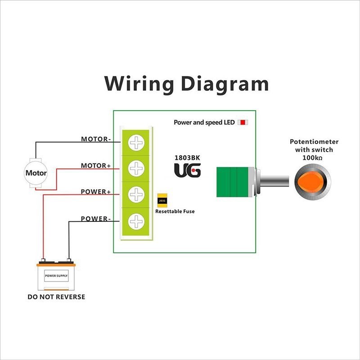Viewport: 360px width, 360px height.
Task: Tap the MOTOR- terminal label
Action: [95, 139]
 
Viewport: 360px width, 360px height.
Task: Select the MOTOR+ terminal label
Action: [95, 166]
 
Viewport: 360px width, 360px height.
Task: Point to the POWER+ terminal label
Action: [95, 192]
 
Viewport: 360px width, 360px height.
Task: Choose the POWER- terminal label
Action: [95, 219]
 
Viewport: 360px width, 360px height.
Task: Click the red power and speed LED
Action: [243, 122]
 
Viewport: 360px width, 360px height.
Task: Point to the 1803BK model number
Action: [187, 158]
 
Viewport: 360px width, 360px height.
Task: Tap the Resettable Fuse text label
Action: [175, 211]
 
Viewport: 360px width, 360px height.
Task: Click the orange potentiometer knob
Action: [312, 181]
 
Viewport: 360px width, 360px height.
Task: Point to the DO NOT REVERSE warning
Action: [56, 297]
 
